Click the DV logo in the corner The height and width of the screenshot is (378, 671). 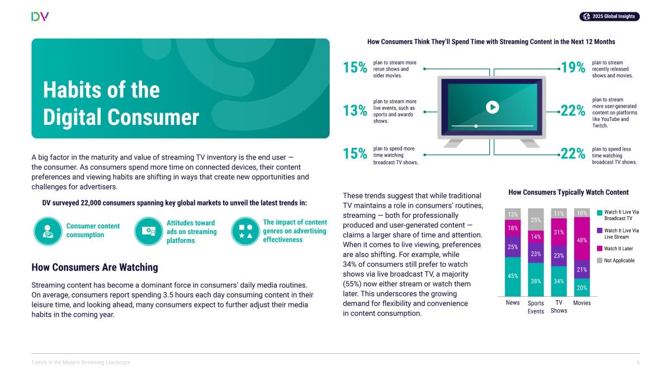coord(40,16)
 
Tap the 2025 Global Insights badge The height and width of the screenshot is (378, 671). coord(609,16)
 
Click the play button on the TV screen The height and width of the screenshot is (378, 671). coord(492,107)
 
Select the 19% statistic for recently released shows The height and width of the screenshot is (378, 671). coord(573,68)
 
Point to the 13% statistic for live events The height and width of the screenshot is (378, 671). coord(355,111)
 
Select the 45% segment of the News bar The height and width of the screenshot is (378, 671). coord(513,277)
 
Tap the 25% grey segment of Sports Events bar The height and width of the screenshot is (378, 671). coord(536,220)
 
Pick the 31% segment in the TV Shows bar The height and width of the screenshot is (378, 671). coord(559,232)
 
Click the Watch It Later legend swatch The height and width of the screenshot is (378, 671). coord(599,249)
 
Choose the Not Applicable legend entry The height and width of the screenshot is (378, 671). coord(616,260)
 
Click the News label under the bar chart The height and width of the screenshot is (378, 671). coord(513,303)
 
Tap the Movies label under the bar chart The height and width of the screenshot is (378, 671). coord(582,303)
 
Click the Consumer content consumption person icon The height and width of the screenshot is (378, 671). coord(48,231)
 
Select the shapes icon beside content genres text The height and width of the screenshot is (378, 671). coord(245,231)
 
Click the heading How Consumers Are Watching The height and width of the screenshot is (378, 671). coord(94,267)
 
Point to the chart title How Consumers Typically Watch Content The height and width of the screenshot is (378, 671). coord(568,192)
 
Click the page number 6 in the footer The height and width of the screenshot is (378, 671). coord(638,362)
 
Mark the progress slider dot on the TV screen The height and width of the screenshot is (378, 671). coord(476,126)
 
